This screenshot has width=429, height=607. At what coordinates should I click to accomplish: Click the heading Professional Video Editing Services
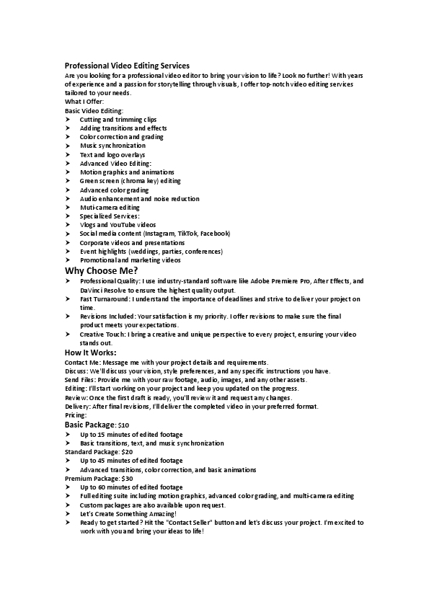(127, 66)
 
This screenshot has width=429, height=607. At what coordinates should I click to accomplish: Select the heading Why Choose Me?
(101, 270)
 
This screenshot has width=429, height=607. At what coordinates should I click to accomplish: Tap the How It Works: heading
(90, 353)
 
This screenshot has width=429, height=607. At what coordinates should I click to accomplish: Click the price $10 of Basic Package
(123, 425)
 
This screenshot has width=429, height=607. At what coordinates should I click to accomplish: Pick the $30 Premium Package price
(127, 478)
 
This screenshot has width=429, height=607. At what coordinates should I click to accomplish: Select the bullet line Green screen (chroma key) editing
(131, 181)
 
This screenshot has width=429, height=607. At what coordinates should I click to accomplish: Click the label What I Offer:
(84, 102)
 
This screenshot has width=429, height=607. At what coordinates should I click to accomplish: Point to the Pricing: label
(76, 415)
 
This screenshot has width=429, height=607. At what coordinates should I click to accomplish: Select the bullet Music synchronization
(112, 146)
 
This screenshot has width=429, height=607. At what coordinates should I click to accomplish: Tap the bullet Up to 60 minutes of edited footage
(131, 487)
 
